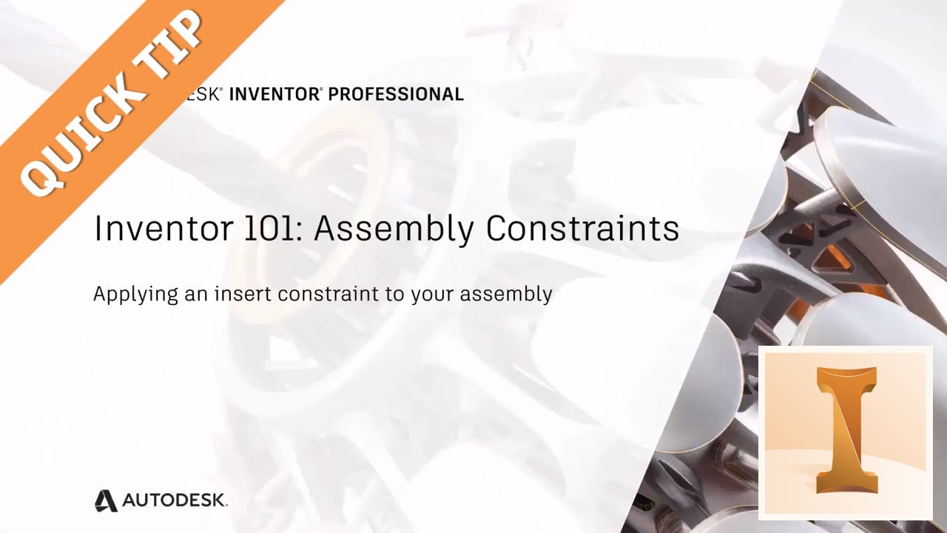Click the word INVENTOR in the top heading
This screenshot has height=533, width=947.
click(x=274, y=94)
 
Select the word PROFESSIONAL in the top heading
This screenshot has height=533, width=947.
click(x=396, y=94)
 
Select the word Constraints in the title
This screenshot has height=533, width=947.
click(x=583, y=229)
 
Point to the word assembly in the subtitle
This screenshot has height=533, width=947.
click(x=506, y=294)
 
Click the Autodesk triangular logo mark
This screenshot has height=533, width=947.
click(x=106, y=500)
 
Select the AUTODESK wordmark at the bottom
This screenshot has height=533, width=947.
click(x=175, y=501)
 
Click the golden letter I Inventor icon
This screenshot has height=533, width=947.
click(x=846, y=429)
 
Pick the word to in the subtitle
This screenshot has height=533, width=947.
click(x=392, y=294)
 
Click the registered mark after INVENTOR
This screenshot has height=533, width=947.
click(x=321, y=89)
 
